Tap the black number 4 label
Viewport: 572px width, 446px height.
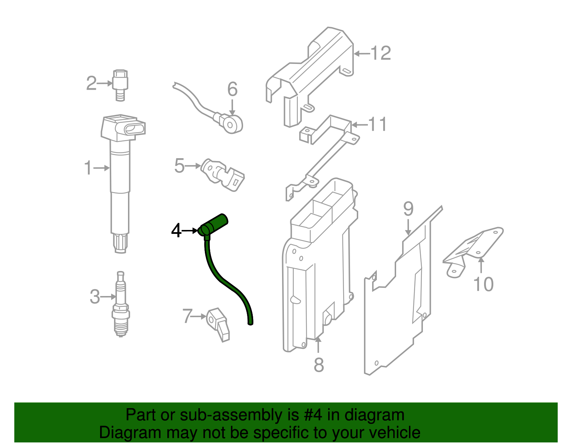click(x=176, y=231)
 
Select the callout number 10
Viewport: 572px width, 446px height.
click(x=483, y=285)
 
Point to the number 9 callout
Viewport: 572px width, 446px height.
click(x=408, y=209)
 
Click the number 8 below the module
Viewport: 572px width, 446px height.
click(x=319, y=365)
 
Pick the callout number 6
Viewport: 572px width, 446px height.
click(x=232, y=89)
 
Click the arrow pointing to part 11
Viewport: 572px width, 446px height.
click(x=359, y=125)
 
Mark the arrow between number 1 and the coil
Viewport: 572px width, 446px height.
click(x=102, y=168)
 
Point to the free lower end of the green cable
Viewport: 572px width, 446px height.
click(x=251, y=322)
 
